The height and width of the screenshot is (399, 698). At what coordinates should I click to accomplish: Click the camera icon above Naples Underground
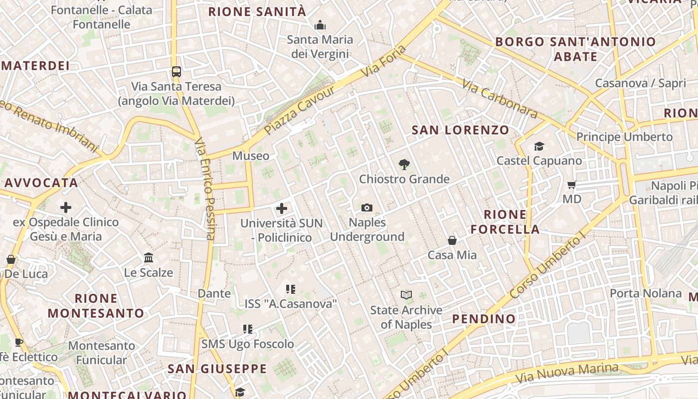click(x=366, y=207)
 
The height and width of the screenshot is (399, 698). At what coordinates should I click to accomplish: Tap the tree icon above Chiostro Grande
click(x=404, y=164)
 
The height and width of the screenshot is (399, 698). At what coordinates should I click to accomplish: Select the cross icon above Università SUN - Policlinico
click(x=282, y=208)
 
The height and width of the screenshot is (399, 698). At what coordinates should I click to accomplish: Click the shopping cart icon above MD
click(x=572, y=185)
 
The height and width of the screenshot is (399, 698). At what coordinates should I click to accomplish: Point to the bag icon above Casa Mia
click(x=452, y=240)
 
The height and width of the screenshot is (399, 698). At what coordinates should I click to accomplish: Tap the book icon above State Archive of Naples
click(x=406, y=295)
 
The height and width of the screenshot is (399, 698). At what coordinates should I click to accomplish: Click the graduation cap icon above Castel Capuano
click(x=539, y=146)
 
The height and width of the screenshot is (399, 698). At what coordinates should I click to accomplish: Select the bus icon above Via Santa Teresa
click(x=176, y=71)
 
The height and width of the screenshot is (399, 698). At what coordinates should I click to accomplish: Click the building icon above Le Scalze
click(x=149, y=258)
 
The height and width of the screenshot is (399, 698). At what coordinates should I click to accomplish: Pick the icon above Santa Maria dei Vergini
click(x=320, y=24)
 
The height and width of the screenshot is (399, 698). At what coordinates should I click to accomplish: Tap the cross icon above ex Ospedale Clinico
click(x=66, y=207)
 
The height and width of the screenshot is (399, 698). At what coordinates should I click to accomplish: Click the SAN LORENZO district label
click(x=460, y=131)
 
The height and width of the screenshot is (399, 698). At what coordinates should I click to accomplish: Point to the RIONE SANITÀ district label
click(x=257, y=12)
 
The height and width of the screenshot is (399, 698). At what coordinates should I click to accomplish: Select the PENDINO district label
click(x=484, y=319)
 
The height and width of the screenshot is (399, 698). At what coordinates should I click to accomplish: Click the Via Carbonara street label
click(x=500, y=99)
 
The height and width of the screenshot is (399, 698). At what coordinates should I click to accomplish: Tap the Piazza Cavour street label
click(x=300, y=111)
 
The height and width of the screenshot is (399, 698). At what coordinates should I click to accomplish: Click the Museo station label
click(x=251, y=156)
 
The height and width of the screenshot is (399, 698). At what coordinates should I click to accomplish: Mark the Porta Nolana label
click(x=646, y=293)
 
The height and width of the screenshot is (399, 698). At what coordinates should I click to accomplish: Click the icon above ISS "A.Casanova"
click(x=291, y=289)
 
